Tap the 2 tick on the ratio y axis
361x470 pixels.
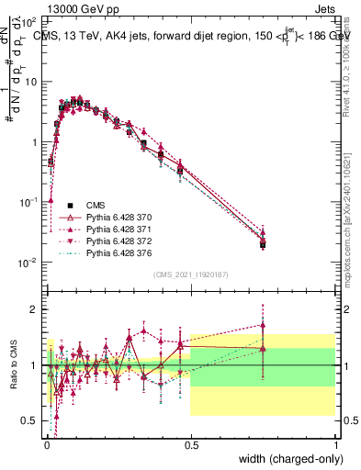35,309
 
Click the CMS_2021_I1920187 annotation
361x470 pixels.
190,274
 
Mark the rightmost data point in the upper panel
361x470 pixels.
263,244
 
